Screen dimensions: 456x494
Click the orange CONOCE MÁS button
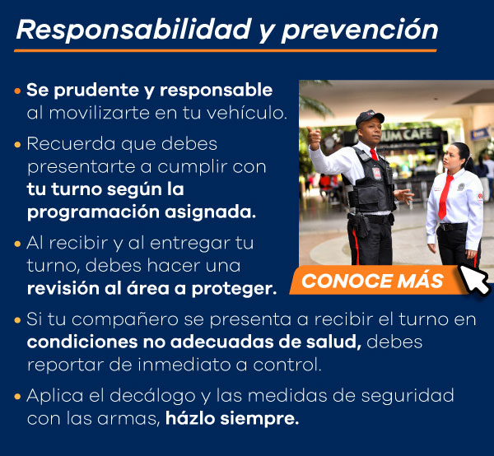click(x=373, y=281)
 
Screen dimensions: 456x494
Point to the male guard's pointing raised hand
click(x=314, y=137)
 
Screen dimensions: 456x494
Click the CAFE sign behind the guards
click(x=424, y=135)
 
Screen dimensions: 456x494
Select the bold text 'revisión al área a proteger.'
click(x=151, y=288)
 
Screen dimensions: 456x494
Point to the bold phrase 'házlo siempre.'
click(x=232, y=417)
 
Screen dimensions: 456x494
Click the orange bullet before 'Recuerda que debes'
click(x=18, y=145)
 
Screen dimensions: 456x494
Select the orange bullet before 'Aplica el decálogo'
click(x=18, y=397)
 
